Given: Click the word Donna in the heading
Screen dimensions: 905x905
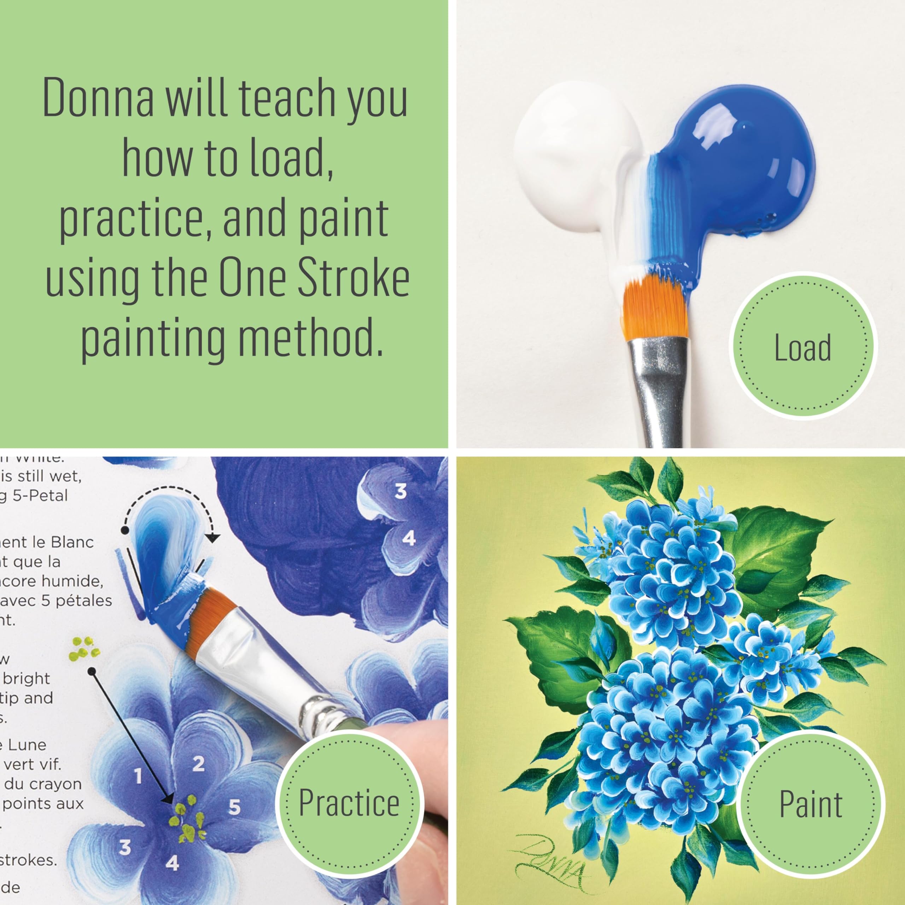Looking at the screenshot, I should (98, 99).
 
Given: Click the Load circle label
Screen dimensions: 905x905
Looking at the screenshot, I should (802, 349).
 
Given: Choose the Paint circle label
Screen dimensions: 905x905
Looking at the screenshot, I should (811, 805).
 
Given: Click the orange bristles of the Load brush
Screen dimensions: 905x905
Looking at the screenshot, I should (655, 309).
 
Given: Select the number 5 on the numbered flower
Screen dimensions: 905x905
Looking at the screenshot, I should (234, 807).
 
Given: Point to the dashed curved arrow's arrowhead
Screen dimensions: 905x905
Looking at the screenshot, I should (213, 539).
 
